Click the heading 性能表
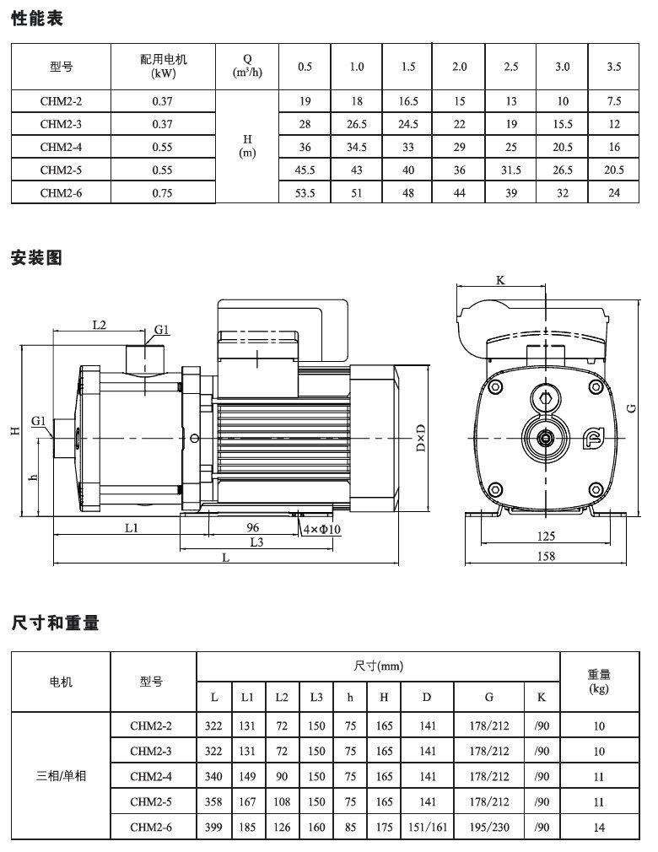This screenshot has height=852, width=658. [37, 19]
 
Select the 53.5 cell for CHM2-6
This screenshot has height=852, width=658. [305, 193]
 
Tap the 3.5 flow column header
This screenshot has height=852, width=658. [614, 67]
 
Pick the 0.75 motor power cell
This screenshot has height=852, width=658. [163, 193]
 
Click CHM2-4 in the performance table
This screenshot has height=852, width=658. [61, 148]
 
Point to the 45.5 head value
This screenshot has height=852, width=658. [305, 170]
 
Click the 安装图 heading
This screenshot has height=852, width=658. [36, 257]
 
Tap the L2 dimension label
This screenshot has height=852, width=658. [100, 325]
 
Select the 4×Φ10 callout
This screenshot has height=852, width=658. [321, 529]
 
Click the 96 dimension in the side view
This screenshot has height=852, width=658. [253, 527]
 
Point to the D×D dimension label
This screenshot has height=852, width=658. [421, 438]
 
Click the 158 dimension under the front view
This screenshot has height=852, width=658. [546, 556]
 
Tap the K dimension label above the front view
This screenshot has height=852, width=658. [500, 280]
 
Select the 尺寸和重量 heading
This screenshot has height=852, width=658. [55, 623]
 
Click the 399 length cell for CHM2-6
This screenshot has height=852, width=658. [213, 827]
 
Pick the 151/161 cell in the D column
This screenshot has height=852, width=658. [428, 827]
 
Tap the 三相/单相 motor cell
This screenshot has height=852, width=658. [61, 776]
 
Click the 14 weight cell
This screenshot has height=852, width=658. [599, 827]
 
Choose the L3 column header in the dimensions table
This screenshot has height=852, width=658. [316, 697]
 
